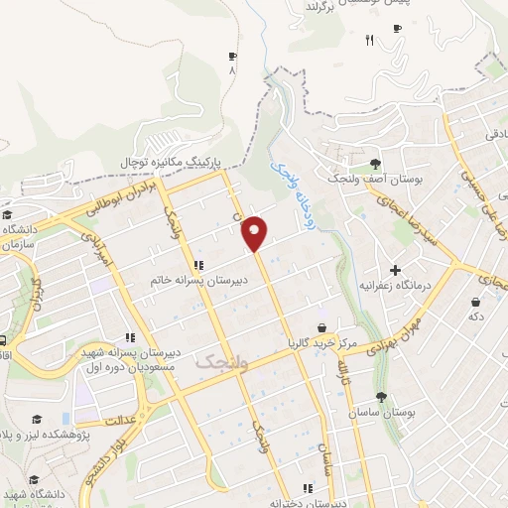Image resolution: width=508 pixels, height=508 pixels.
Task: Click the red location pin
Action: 256,233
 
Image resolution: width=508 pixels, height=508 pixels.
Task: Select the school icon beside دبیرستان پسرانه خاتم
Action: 199,265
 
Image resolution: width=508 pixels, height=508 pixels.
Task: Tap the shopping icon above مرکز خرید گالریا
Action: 320,327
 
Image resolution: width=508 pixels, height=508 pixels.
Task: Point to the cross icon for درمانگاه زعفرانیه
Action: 395,269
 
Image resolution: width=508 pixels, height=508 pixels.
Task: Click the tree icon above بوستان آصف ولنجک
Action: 374,164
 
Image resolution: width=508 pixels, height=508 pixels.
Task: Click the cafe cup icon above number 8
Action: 232,56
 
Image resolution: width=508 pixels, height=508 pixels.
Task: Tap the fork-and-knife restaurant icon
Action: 369,40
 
